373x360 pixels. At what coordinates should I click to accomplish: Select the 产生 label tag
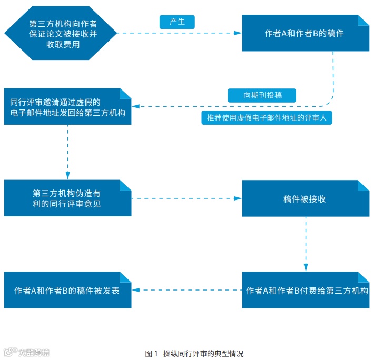coord(177,22)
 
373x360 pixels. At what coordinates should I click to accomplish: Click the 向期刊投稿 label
coord(262,95)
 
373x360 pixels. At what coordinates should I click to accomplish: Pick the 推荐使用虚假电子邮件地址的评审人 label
coord(267,117)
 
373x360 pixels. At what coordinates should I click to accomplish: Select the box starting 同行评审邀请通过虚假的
coord(67,106)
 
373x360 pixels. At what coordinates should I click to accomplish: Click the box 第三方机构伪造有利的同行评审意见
coord(67,198)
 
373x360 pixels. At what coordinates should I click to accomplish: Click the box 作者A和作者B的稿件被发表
coord(67,290)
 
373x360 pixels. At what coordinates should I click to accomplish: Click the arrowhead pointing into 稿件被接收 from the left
coord(239,198)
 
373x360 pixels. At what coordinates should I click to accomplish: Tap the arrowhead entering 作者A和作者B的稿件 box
coord(239,33)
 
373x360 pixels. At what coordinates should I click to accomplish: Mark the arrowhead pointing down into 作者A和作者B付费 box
coord(306,268)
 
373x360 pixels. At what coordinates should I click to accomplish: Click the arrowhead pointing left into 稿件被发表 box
coord(135,290)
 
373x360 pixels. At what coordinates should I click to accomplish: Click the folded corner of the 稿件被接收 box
coord(362,186)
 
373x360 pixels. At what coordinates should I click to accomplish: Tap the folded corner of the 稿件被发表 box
coord(125,277)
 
